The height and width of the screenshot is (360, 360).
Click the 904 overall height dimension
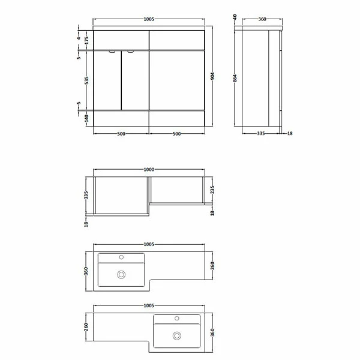(x=212, y=76)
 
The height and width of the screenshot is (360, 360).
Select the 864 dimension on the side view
(x=235, y=78)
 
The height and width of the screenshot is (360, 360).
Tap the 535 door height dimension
(x=86, y=80)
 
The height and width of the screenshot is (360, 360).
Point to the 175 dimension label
(x=86, y=40)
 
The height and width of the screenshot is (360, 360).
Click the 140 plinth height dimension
(x=86, y=118)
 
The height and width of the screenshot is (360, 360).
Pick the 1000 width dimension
(x=149, y=169)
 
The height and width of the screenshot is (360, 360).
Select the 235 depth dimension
(x=212, y=190)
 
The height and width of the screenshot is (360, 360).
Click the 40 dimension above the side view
(x=235, y=17)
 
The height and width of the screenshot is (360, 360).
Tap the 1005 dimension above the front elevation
(x=149, y=19)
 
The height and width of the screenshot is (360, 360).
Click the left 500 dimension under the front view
(x=121, y=134)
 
